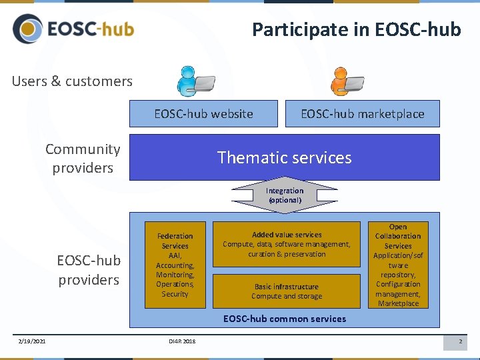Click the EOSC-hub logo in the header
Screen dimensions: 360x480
tap(73, 29)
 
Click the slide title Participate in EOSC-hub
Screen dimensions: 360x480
tap(356, 30)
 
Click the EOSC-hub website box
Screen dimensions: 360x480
tap(203, 114)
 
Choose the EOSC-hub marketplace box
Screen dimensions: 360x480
tap(363, 114)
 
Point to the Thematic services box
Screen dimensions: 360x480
tap(284, 157)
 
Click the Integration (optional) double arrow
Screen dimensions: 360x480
tap(285, 195)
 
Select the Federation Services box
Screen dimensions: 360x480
tap(175, 265)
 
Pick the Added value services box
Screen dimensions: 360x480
tap(287, 244)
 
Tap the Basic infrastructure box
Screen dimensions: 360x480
tap(287, 291)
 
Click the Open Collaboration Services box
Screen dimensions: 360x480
tap(398, 265)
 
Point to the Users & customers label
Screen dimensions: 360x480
tap(72, 81)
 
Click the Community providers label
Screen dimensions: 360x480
tap(83, 159)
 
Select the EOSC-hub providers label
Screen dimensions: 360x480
tap(89, 270)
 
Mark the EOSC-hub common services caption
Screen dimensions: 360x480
tap(285, 319)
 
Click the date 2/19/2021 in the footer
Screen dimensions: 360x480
tap(32, 342)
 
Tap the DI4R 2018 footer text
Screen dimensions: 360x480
tap(182, 342)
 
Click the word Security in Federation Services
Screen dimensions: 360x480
tap(175, 294)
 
